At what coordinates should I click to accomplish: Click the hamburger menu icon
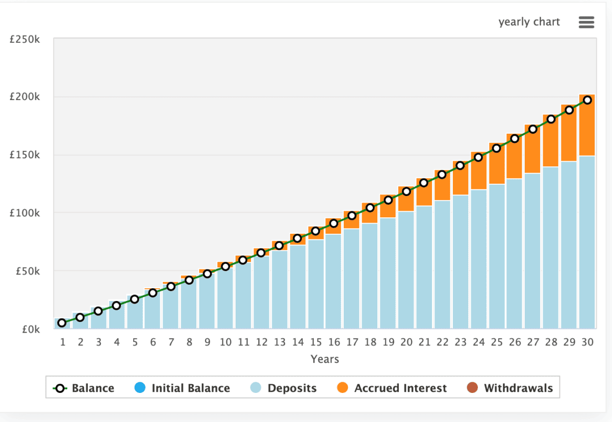point(586,22)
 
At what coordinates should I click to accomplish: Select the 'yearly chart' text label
point(529,22)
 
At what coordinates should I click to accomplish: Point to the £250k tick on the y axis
point(25,39)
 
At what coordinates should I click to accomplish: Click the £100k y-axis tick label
point(25,213)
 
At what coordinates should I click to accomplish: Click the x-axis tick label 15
point(316,342)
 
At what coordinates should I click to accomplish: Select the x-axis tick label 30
point(588,342)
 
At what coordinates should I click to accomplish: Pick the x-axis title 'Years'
point(325,359)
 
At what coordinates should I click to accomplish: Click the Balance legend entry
point(84,388)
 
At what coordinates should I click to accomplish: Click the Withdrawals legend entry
point(510,388)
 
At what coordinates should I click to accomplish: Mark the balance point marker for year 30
point(588,100)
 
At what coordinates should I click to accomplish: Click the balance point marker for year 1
point(62,322)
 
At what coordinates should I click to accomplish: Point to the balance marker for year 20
point(406,191)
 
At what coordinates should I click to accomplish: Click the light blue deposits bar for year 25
point(497,255)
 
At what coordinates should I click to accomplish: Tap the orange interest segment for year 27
point(533,153)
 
